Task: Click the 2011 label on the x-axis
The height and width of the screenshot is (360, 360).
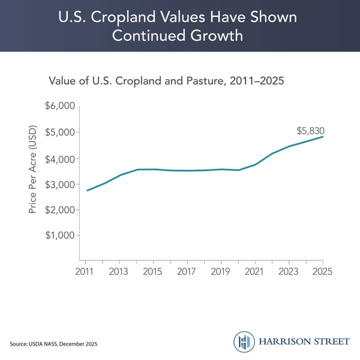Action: (86, 272)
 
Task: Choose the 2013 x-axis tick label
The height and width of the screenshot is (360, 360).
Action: (119, 272)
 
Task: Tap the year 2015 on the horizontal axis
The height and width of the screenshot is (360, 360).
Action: (153, 272)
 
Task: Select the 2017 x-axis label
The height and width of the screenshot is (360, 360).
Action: (187, 272)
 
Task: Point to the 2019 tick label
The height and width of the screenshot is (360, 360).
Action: (221, 272)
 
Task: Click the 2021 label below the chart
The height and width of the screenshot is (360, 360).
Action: (255, 272)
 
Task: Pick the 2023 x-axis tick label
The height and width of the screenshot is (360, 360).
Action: (289, 272)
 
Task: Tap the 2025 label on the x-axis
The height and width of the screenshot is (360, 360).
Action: (322, 272)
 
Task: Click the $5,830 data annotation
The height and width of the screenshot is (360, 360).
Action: (311, 131)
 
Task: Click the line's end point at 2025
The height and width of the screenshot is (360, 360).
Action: (323, 137)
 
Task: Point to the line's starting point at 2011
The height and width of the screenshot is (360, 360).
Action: (86, 191)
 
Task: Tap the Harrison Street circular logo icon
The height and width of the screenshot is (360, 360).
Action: (244, 341)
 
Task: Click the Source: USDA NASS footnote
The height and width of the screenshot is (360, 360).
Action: (53, 343)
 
